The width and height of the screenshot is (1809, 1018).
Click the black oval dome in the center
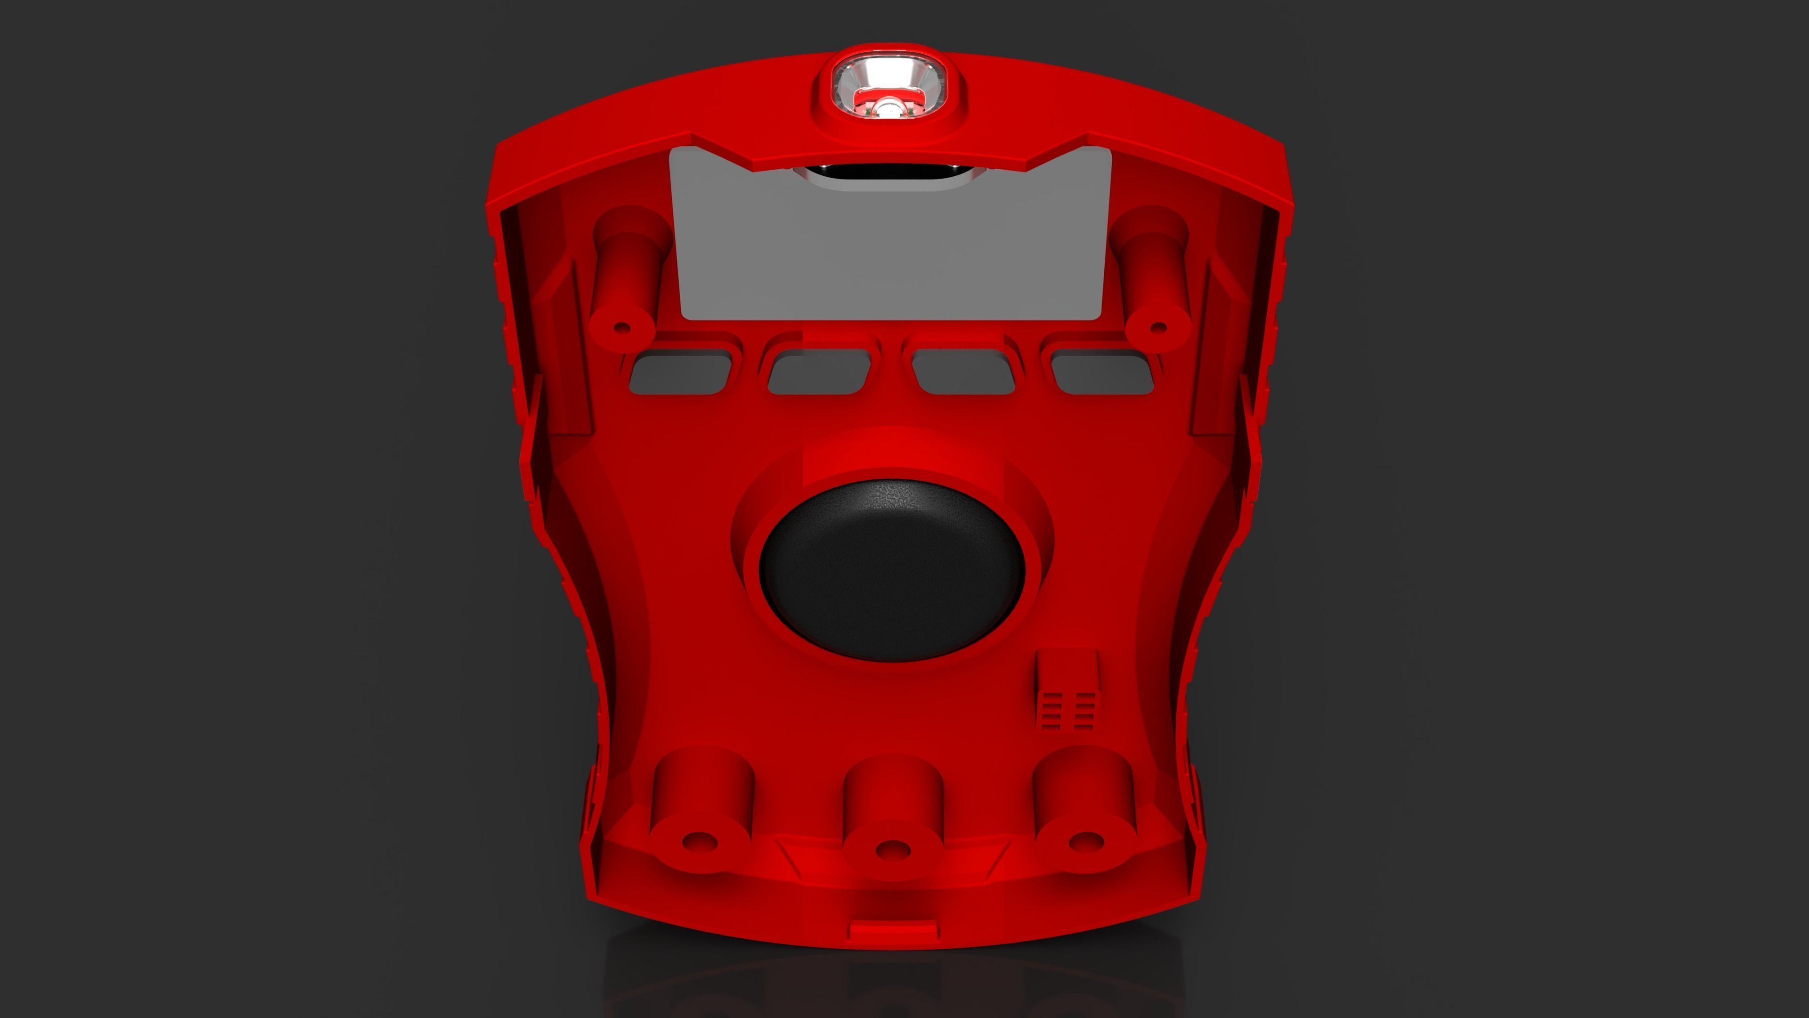[x=892, y=570]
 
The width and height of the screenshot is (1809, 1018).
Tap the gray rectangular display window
[x=890, y=246]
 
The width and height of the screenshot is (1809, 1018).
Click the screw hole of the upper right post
[x=1159, y=328]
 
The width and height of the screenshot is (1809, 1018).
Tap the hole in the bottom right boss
[x=1085, y=840]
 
